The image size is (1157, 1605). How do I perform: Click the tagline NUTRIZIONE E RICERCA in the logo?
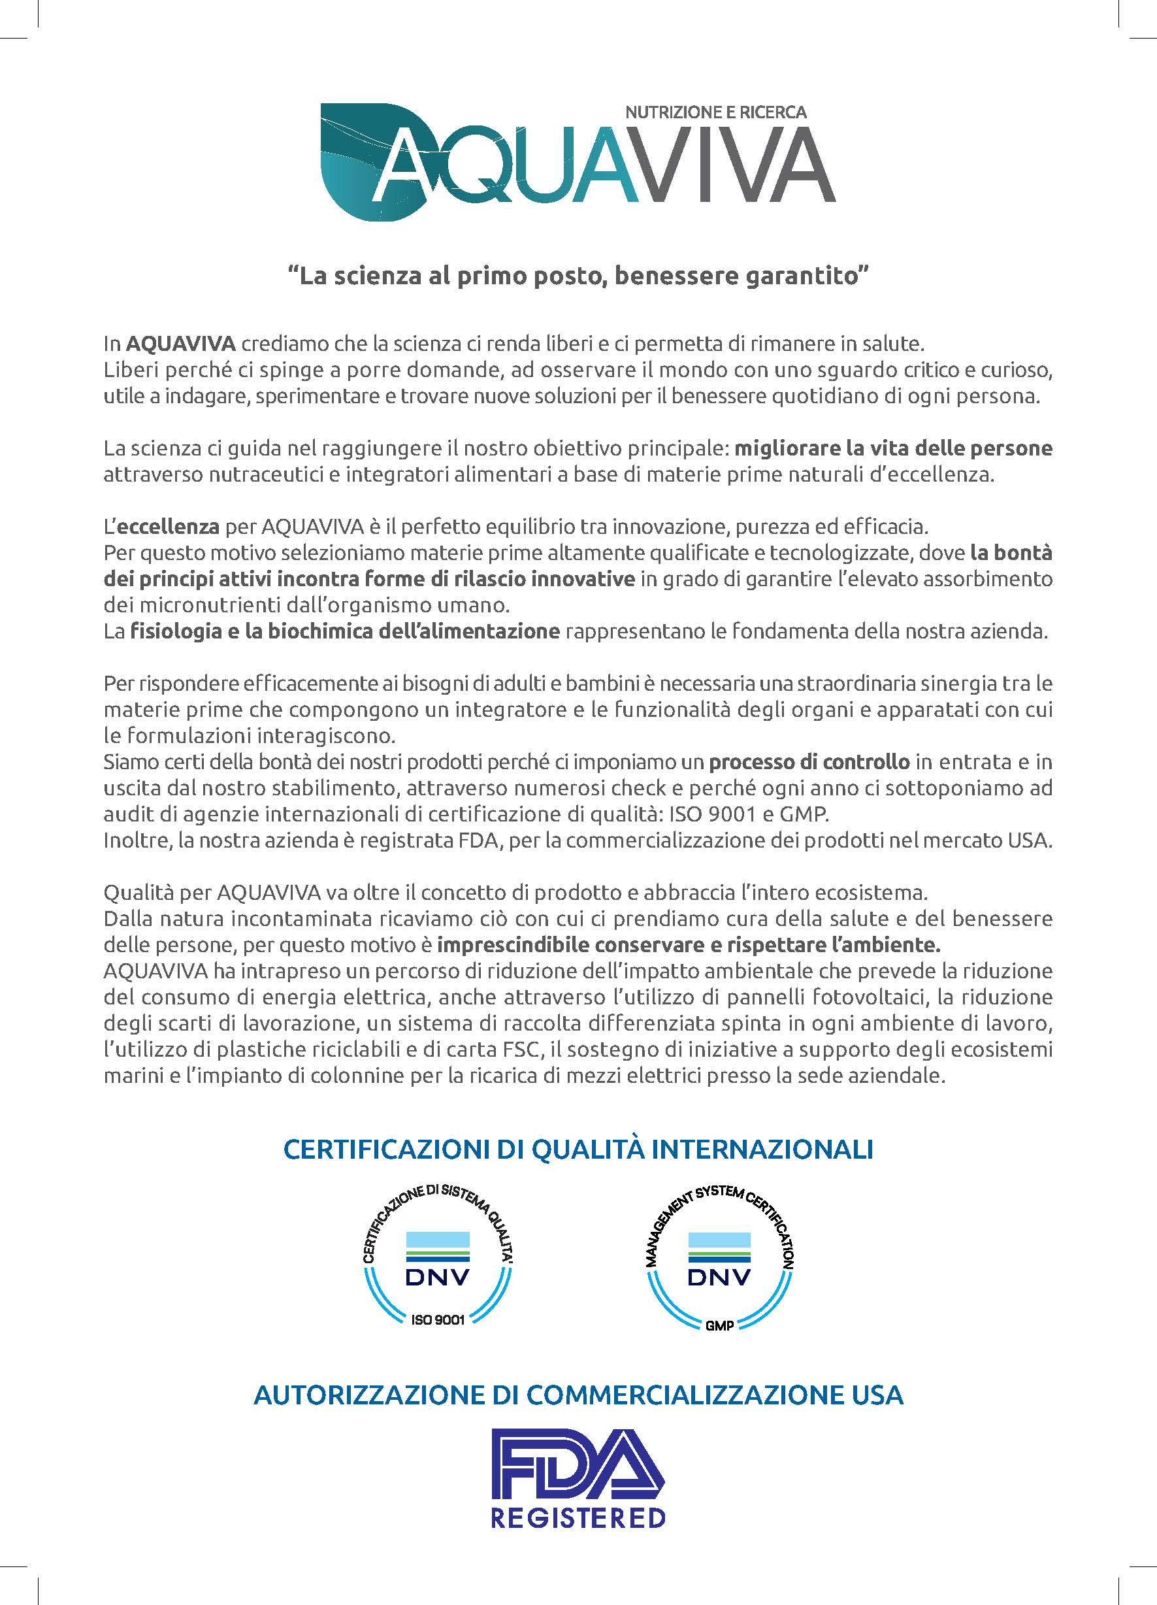716,112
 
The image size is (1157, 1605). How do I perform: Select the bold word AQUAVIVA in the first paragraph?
180,344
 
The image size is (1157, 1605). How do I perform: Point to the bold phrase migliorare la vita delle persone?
894,448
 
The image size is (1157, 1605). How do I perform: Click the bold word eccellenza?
168,527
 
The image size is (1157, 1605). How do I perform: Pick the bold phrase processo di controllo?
809,762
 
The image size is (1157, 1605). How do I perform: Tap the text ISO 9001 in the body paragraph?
698,814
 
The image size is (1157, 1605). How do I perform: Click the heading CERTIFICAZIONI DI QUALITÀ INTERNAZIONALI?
578,1150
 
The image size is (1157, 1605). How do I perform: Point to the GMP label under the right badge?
719,1325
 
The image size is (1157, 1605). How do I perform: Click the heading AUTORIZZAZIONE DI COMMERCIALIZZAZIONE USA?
578,1395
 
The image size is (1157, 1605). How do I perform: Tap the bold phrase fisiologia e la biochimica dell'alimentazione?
345,631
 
